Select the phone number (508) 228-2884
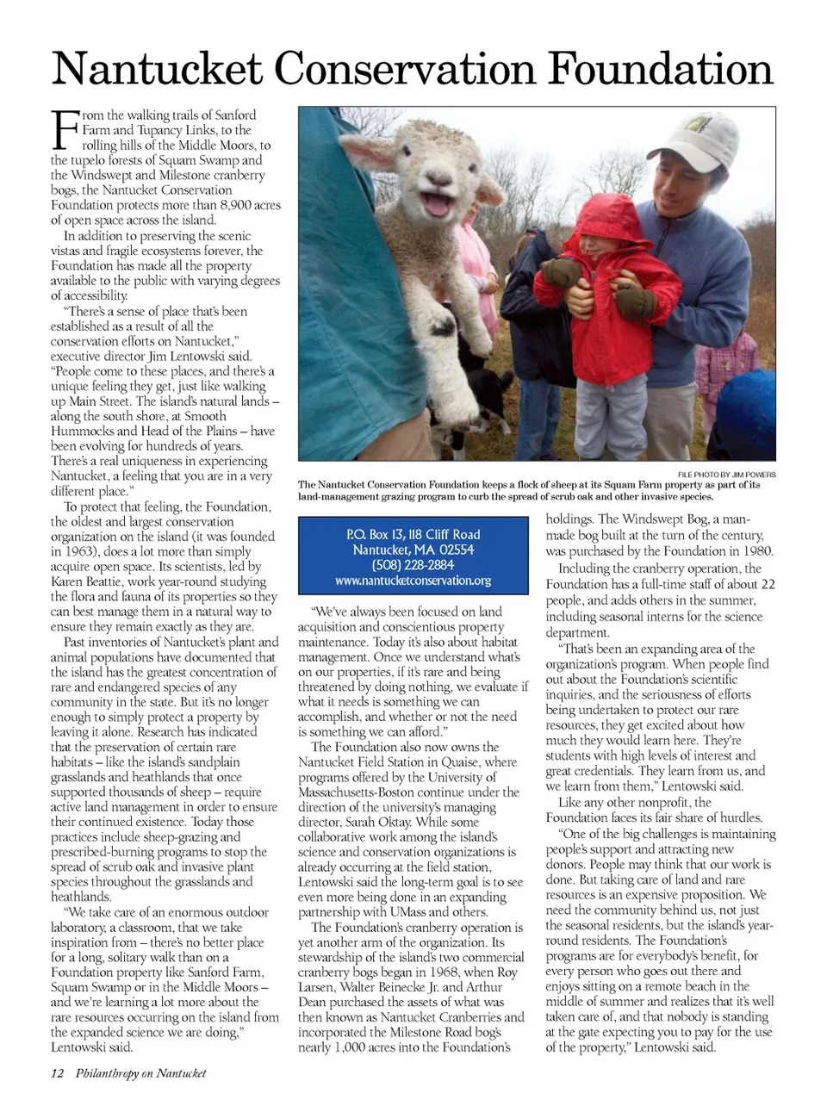[413, 565]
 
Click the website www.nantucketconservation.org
[413, 581]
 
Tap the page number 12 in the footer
[58, 1072]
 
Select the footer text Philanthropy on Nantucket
[140, 1072]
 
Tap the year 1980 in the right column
[755, 550]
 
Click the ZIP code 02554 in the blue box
[455, 550]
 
